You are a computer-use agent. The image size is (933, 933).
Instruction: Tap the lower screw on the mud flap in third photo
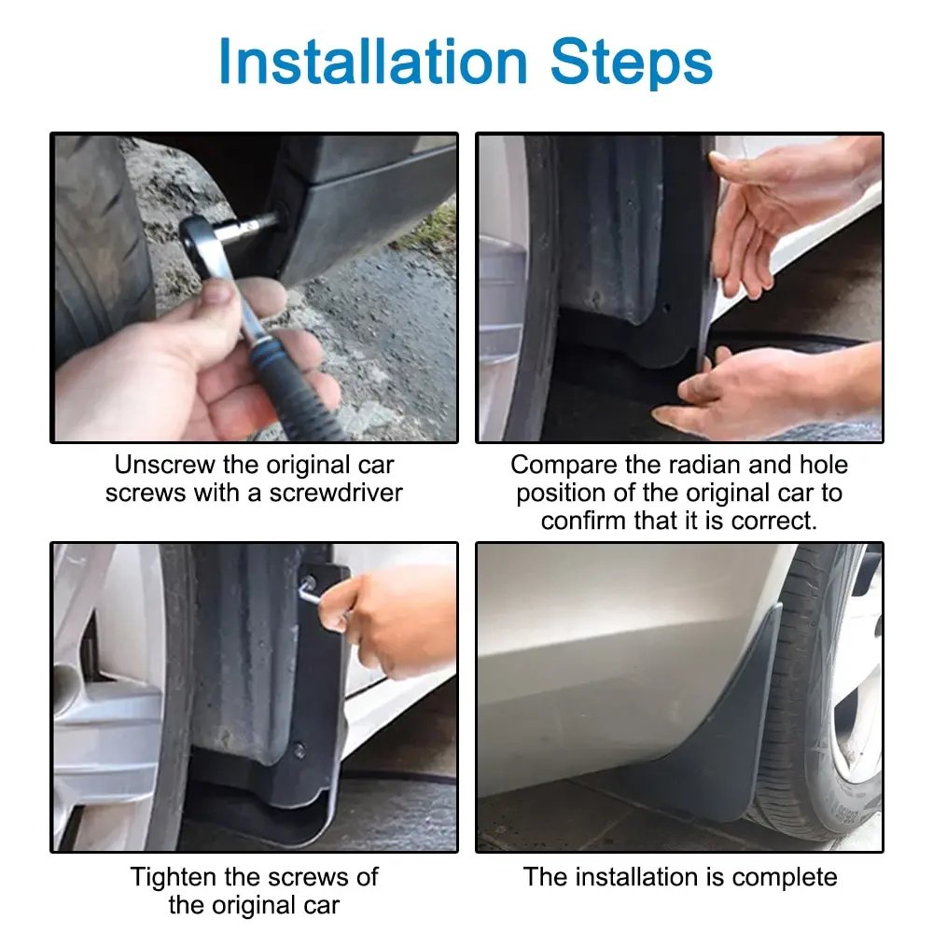tap(299, 749)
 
